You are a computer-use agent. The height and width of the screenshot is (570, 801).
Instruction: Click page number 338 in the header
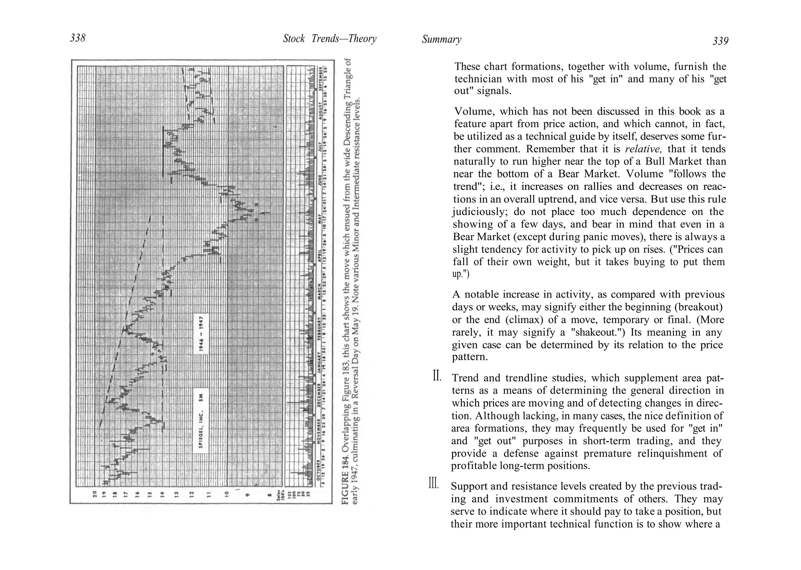(x=77, y=38)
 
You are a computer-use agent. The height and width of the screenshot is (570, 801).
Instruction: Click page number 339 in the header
(x=720, y=41)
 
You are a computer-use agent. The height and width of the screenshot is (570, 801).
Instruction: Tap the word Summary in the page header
(x=441, y=39)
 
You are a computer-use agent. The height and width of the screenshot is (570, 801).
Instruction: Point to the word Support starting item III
(x=470, y=486)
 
